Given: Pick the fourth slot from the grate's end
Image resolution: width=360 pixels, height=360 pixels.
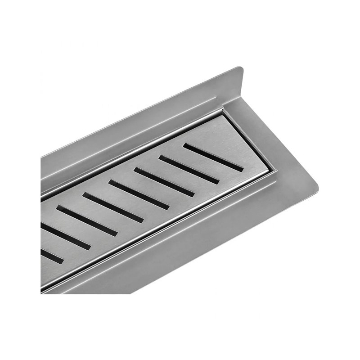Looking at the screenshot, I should (139, 195).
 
